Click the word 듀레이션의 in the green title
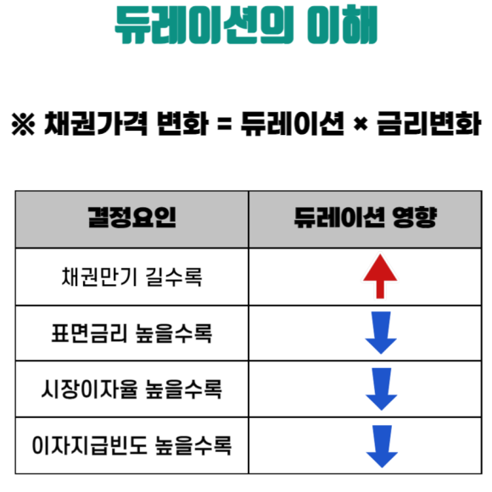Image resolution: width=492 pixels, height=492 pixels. pyautogui.click(x=204, y=25)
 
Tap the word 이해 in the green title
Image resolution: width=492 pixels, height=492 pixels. pyautogui.click(x=342, y=25)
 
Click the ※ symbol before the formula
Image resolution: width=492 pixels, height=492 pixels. pyautogui.click(x=23, y=124)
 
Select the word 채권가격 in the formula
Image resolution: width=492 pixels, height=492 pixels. pyautogui.click(x=95, y=124)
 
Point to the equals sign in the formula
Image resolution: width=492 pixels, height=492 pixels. pyautogui.click(x=225, y=124)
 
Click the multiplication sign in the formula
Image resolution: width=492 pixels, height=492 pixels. pyautogui.click(x=361, y=125)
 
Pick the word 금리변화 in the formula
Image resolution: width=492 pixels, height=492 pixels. pyautogui.click(x=429, y=124)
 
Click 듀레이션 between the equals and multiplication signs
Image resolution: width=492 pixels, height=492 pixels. pyautogui.click(x=293, y=124)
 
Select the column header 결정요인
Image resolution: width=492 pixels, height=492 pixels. pyautogui.click(x=131, y=217)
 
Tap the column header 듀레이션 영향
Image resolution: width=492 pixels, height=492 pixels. pyautogui.click(x=366, y=217)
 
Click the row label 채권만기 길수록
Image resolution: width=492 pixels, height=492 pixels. pyautogui.click(x=131, y=277)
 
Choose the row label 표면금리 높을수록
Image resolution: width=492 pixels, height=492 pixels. pyautogui.click(x=131, y=333)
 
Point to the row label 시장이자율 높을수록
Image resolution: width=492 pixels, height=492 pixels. pyautogui.click(x=131, y=389)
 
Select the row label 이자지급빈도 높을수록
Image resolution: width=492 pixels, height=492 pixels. pyautogui.click(x=131, y=445)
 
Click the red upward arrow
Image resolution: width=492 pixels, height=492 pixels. pyautogui.click(x=380, y=277)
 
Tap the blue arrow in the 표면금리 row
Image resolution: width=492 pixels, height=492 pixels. pyautogui.click(x=381, y=333)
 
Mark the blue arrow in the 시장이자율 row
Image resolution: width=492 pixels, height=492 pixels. pyautogui.click(x=381, y=389)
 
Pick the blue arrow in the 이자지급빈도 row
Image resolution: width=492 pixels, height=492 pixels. pyautogui.click(x=382, y=446)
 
